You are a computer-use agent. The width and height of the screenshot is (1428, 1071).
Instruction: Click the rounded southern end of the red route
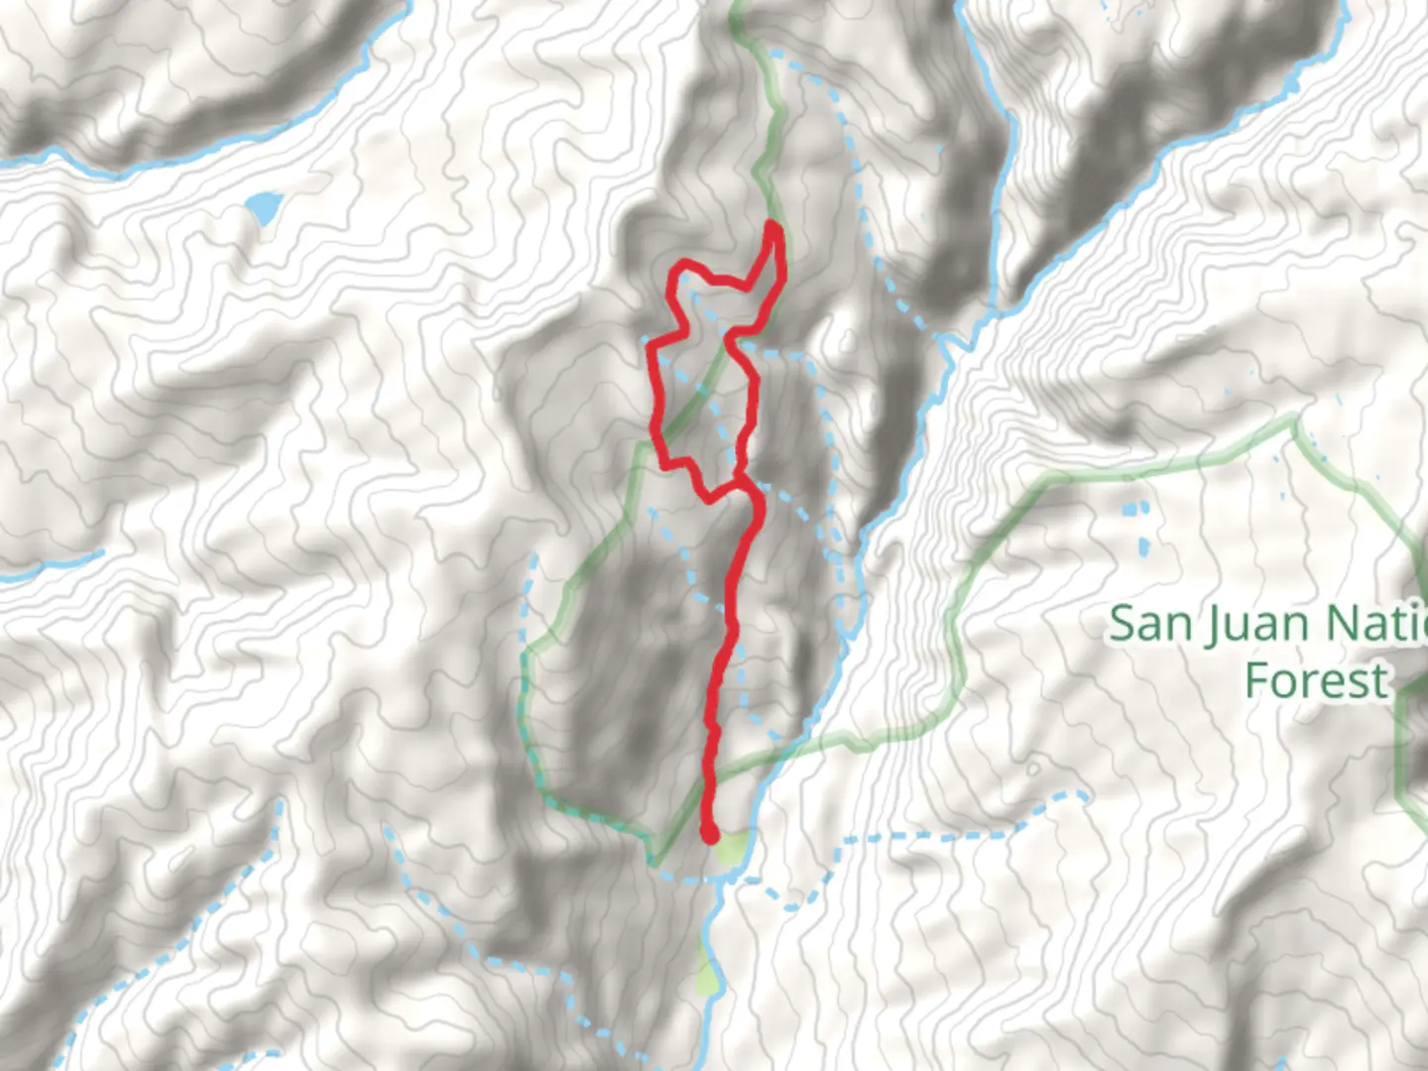(709, 834)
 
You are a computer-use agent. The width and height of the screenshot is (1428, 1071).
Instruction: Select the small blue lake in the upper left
(264, 207)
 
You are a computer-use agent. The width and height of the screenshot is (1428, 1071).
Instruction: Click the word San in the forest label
(1151, 625)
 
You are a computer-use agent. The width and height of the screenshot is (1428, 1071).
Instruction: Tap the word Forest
(1316, 681)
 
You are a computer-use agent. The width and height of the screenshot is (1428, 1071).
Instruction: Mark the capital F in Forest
(1256, 681)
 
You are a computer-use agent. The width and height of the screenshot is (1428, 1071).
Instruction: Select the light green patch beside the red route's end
(733, 848)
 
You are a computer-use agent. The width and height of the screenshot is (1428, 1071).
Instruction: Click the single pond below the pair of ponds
(1144, 546)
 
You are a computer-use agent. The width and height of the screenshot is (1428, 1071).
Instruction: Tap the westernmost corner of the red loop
(650, 342)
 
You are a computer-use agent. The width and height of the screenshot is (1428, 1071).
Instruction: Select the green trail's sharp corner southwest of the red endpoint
(654, 859)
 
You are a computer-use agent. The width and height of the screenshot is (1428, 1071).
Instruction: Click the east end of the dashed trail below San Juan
(1084, 795)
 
